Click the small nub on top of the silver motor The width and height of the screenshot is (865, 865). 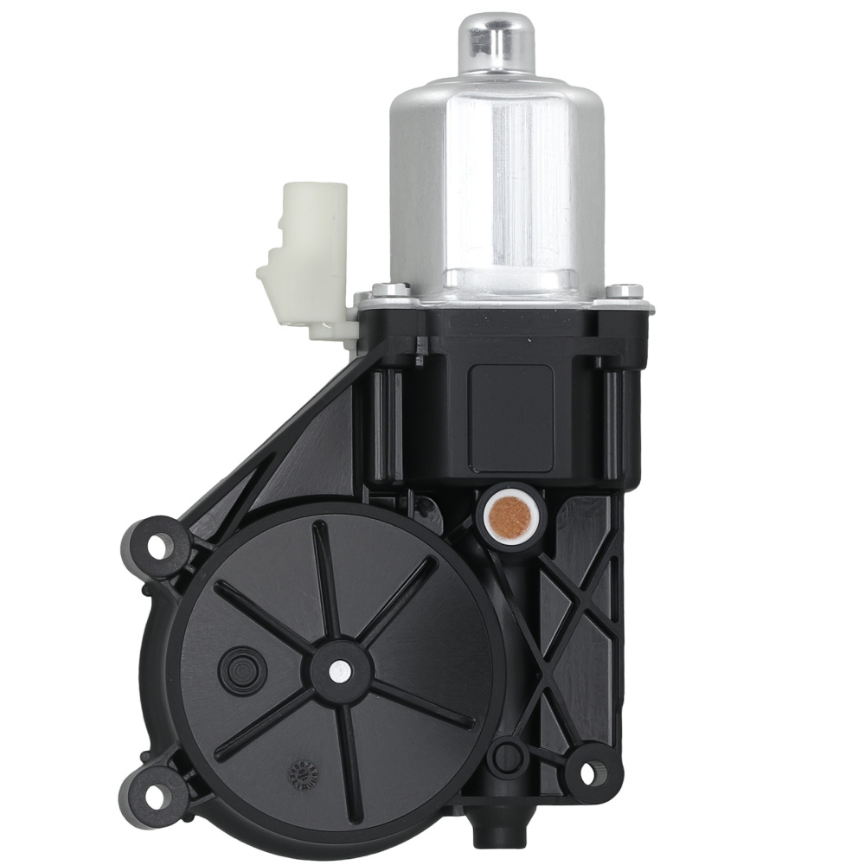tap(496, 40)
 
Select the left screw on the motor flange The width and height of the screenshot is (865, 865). tap(391, 290)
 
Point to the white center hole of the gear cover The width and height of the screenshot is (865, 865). tap(340, 669)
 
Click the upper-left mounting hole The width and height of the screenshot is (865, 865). tap(157, 546)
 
